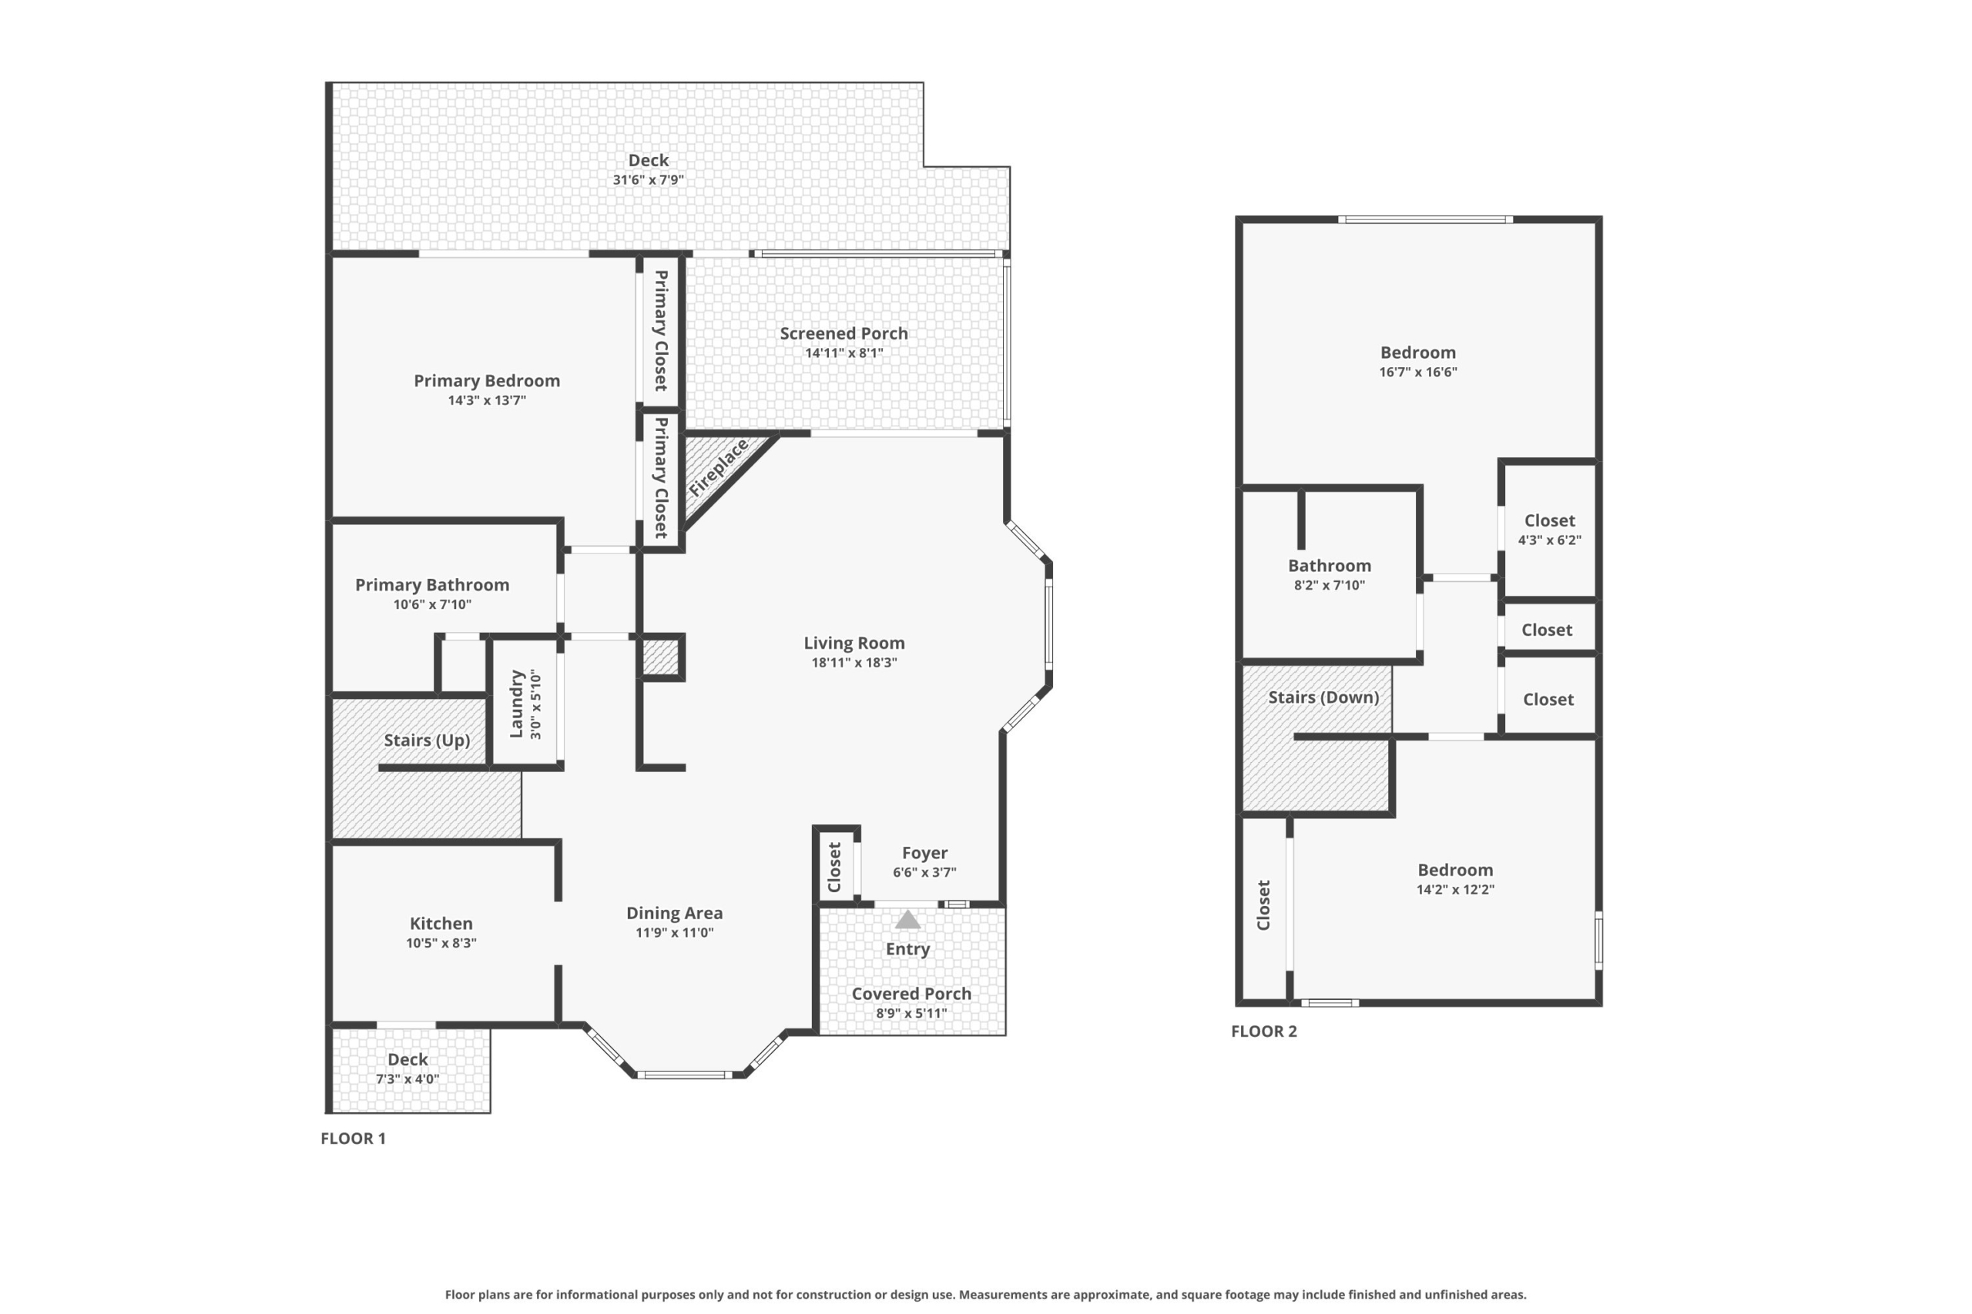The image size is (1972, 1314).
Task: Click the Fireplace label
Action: (x=719, y=467)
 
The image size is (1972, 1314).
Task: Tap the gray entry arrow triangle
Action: (x=908, y=920)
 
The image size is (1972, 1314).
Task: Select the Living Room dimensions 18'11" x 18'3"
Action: (x=854, y=663)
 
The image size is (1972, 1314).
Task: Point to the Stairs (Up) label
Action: (x=427, y=741)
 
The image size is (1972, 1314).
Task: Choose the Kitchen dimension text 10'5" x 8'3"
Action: (x=441, y=943)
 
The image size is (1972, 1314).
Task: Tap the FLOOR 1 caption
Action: (x=353, y=1138)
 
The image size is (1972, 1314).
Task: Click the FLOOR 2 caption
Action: (x=1263, y=1031)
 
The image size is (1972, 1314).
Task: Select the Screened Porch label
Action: (x=843, y=333)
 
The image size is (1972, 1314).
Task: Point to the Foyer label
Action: (x=925, y=853)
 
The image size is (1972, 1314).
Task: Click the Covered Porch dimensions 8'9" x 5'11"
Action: (x=911, y=1013)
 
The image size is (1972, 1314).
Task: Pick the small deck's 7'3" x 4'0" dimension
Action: (x=407, y=1079)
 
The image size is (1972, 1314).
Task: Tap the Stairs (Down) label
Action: (x=1323, y=698)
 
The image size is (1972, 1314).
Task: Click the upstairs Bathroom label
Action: (x=1330, y=566)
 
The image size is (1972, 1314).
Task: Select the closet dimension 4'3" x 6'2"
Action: (x=1549, y=540)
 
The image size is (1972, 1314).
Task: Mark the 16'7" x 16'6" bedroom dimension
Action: (x=1418, y=372)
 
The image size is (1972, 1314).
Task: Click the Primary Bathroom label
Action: (x=432, y=585)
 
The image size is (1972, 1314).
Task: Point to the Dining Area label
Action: (x=674, y=914)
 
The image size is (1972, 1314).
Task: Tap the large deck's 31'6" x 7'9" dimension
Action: (x=648, y=180)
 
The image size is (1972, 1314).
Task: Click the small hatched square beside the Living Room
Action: (x=660, y=657)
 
